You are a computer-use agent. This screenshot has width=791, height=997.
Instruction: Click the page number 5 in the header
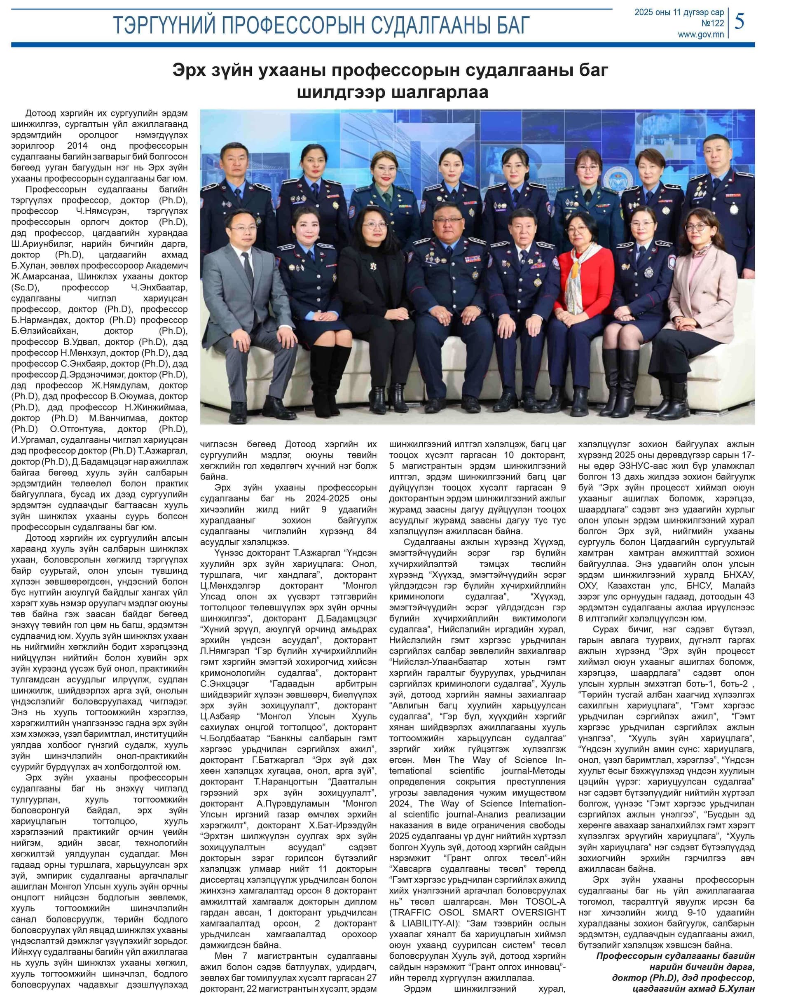[x=739, y=21]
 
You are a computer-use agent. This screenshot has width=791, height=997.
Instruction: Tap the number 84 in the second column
[x=372, y=531]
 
